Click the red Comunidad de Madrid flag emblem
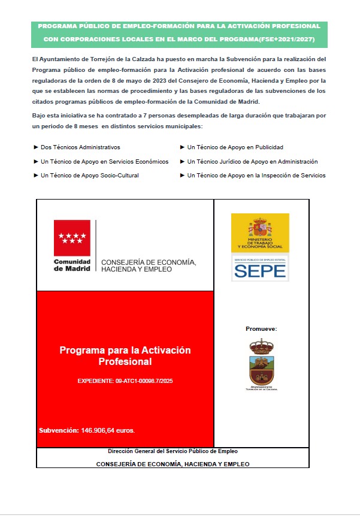(72, 238)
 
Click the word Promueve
(261, 329)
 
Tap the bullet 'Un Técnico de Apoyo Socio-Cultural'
(90, 176)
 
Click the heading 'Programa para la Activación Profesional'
(125, 356)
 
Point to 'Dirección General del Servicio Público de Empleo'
(173, 451)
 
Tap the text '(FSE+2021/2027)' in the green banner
(288, 39)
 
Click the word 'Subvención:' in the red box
(59, 430)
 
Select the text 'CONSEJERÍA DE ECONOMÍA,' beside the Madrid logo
(149, 262)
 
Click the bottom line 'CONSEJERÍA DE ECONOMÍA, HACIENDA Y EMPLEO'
(173, 464)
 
